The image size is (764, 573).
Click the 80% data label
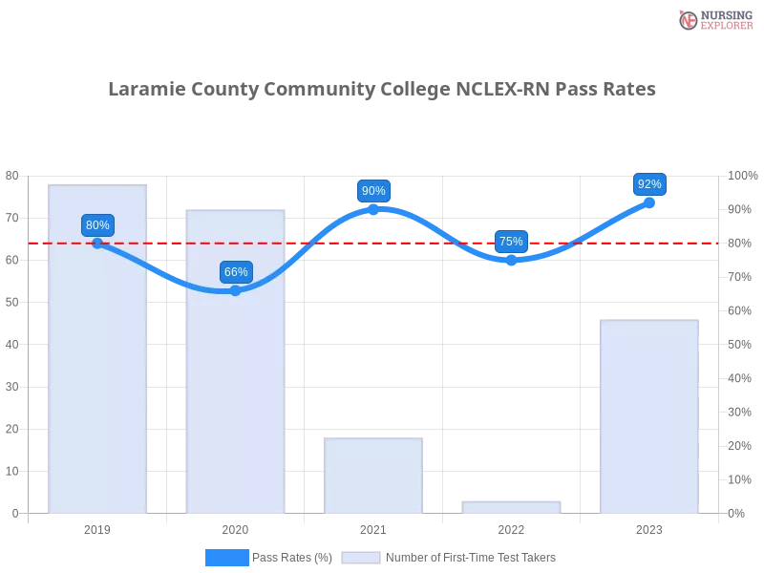(x=97, y=225)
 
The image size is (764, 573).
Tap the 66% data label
(x=236, y=272)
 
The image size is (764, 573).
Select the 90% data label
(x=373, y=191)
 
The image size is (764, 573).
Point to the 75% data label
(x=511, y=242)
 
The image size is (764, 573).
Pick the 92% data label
(x=649, y=184)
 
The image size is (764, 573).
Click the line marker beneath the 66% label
(x=236, y=290)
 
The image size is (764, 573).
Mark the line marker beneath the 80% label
(x=97, y=244)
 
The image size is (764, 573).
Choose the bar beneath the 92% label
(x=649, y=415)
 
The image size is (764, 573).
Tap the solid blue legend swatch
(x=227, y=558)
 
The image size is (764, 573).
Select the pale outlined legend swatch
(x=361, y=558)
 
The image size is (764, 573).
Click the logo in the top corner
(x=713, y=19)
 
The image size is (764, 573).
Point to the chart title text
(x=382, y=91)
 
